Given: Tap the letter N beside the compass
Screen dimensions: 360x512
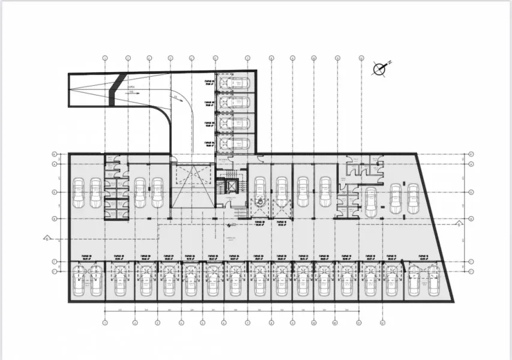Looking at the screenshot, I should point(389,62).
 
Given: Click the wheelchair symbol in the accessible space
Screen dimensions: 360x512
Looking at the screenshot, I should point(260,202).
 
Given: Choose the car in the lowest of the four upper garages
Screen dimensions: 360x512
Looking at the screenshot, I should point(233,143).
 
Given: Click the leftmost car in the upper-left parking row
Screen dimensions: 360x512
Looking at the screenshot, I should point(78,193).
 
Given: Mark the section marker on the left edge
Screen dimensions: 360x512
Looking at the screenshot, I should point(46,238).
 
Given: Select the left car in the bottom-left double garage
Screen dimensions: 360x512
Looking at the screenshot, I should point(78,280).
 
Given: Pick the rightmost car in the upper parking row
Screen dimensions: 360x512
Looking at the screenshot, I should point(413,198).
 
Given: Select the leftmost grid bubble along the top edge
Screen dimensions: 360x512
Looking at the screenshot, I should point(105,58).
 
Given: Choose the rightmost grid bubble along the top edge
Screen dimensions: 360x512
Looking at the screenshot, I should point(361,58).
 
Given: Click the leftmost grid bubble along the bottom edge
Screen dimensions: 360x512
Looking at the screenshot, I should point(105,322).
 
